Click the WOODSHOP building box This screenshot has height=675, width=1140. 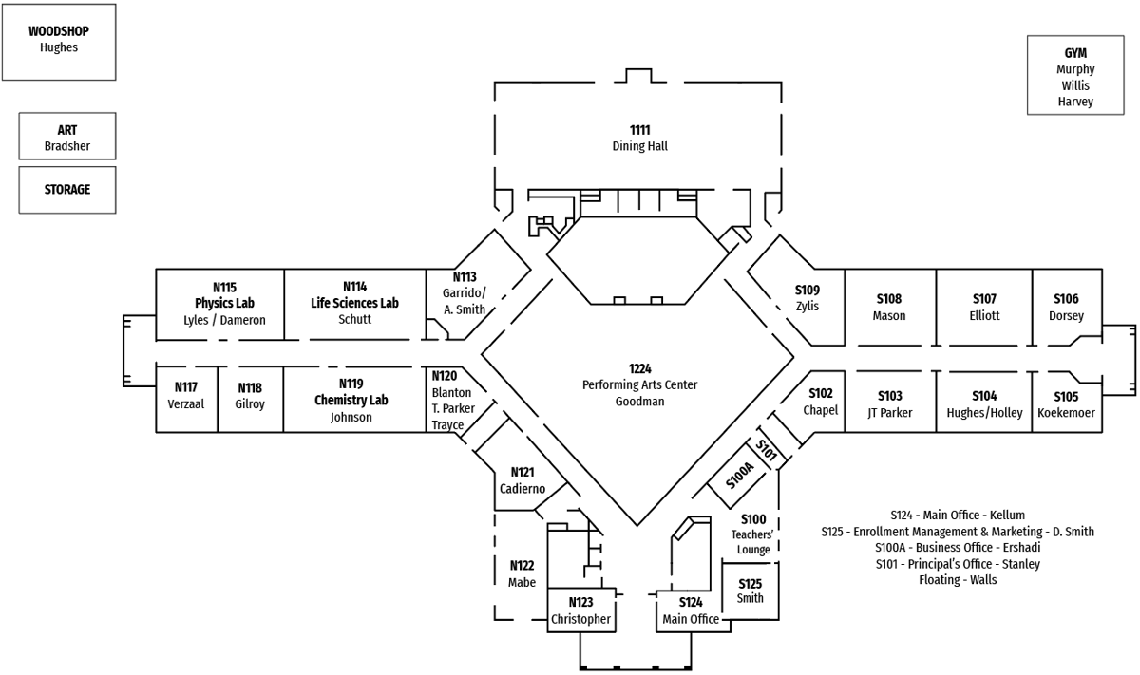click(x=59, y=41)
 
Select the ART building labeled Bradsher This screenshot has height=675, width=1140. click(x=67, y=137)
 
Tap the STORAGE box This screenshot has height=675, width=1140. click(x=67, y=190)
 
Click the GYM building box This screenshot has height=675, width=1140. click(x=1075, y=76)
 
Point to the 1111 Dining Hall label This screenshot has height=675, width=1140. click(x=639, y=138)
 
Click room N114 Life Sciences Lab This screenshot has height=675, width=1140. click(x=354, y=304)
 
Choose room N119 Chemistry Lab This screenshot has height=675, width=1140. click(x=351, y=400)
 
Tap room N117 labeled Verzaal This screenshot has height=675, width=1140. click(x=186, y=396)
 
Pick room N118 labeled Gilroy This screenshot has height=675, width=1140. click(x=250, y=396)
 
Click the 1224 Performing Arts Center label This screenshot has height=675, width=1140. click(x=639, y=384)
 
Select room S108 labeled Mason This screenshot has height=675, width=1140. click(x=889, y=308)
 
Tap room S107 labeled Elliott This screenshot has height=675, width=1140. click(x=984, y=308)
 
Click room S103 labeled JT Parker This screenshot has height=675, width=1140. click(x=889, y=403)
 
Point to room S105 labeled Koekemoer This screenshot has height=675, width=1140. click(x=1066, y=404)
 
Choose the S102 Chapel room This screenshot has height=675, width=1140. click(x=820, y=402)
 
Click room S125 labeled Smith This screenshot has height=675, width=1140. click(x=750, y=591)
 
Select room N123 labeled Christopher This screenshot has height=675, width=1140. click(x=580, y=610)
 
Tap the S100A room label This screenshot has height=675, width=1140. click(x=740, y=476)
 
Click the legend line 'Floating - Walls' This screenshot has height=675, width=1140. click(x=958, y=580)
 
